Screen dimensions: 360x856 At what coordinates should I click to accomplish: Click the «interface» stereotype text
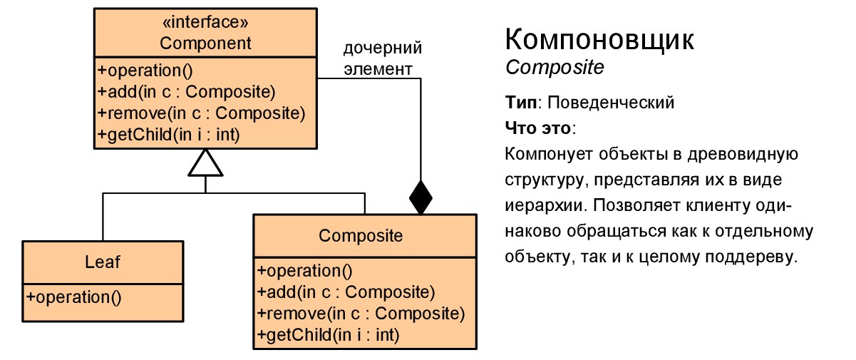coord(205,26)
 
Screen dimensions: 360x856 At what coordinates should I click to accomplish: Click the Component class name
coord(205,43)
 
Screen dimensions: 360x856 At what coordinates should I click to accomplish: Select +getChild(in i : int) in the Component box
coord(167,134)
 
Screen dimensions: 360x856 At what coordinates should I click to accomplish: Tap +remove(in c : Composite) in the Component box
coord(201,113)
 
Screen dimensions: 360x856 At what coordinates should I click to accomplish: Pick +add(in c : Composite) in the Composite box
coord(346,292)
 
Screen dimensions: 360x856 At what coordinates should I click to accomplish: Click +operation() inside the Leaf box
coord(73,297)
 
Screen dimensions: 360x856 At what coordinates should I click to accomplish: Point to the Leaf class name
coord(103,262)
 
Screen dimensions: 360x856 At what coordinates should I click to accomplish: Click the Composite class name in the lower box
coord(361,236)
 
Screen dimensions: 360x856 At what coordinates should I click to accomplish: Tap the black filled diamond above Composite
coord(421,197)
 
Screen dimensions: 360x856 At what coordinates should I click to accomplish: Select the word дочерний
coord(383,49)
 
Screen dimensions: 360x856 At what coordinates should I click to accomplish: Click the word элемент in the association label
coord(378,69)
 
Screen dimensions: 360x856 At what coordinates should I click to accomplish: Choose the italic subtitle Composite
coord(555,68)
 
